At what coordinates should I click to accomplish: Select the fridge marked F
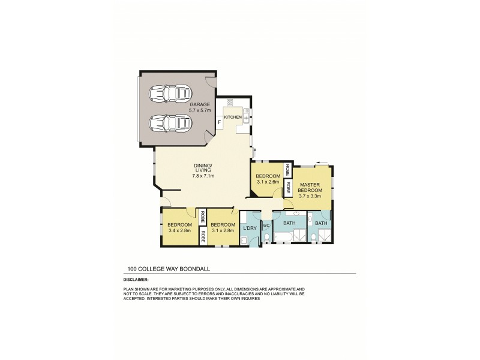(220, 122)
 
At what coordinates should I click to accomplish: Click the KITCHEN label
(233, 116)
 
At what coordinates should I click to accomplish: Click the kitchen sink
(247, 112)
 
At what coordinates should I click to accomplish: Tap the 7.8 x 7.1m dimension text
(203, 176)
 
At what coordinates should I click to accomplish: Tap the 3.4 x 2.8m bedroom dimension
(180, 230)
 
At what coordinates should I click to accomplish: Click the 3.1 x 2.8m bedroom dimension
(223, 230)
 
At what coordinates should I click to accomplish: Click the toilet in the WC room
(266, 239)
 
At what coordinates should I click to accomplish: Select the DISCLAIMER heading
(136, 278)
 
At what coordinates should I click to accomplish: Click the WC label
(266, 226)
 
